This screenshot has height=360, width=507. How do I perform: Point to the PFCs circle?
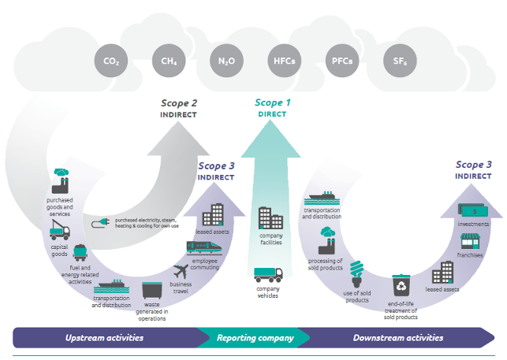click(x=338, y=61)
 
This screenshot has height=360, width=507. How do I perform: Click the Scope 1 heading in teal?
click(x=272, y=102)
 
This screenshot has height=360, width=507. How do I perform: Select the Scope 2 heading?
click(x=179, y=102)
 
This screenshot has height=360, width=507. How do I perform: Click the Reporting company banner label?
click(x=255, y=338)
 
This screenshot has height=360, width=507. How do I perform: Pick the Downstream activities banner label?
click(x=398, y=338)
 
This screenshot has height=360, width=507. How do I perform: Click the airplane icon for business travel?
click(x=183, y=272)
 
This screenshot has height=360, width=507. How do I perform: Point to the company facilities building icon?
click(x=270, y=218)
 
